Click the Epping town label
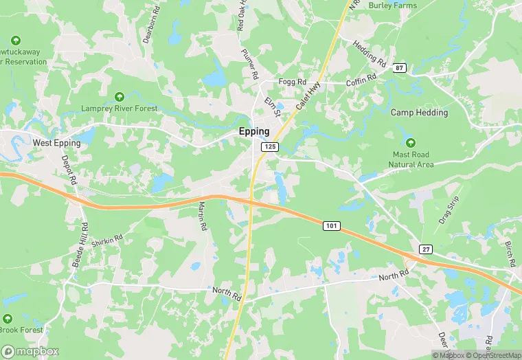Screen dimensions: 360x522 pos(254,131)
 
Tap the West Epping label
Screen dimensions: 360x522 pos(56,143)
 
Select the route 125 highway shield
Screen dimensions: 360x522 pos(269,147)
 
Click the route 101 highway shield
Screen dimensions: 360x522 pos(331,225)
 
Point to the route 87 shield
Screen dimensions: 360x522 pos(400,67)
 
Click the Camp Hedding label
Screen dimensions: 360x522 pos(419,112)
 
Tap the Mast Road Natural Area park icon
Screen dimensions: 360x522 pos(411,143)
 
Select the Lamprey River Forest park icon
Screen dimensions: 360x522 pos(120,97)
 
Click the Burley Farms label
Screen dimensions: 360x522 pos(393,5)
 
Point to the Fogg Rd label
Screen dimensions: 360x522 pos(292,82)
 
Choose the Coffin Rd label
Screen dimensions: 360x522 pos(362,80)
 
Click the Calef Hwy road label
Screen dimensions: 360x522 pos(308,98)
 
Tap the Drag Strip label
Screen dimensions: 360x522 pos(448,211)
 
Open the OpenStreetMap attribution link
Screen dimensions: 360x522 pos(492,355)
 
